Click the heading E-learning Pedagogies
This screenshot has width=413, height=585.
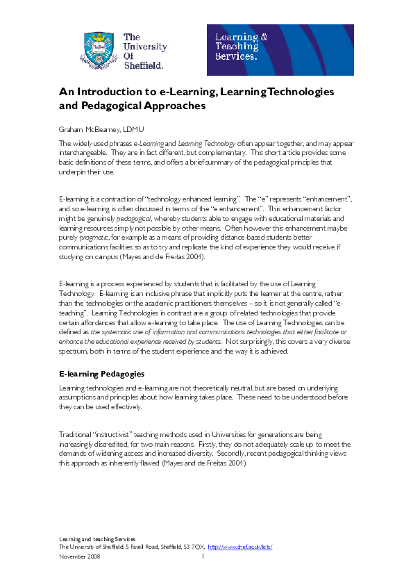click(101, 374)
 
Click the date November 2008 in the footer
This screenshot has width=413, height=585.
click(78, 557)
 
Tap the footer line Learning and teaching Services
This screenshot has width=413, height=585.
click(96, 539)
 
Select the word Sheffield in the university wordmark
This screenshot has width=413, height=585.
click(143, 65)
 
